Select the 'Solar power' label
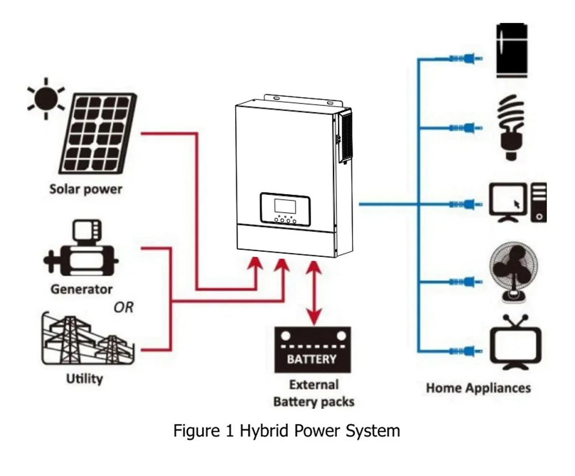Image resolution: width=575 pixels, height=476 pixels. pos(86,189)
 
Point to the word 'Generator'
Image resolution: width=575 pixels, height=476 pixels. pos(81,289)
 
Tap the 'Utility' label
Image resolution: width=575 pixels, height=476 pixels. pos(85,378)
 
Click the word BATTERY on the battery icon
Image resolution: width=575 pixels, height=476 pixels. pos(312,360)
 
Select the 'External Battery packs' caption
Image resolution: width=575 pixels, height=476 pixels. pos(313,393)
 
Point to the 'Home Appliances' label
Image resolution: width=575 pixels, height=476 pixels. pos(478,387)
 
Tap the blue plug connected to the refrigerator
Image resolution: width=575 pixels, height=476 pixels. pos(465,59)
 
